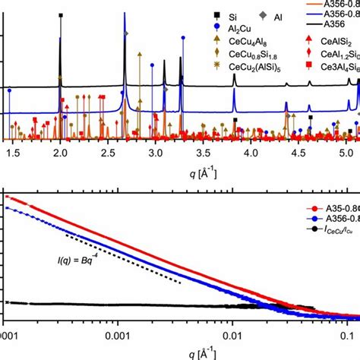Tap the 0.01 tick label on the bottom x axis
click(232, 333)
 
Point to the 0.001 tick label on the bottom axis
click(117, 333)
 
